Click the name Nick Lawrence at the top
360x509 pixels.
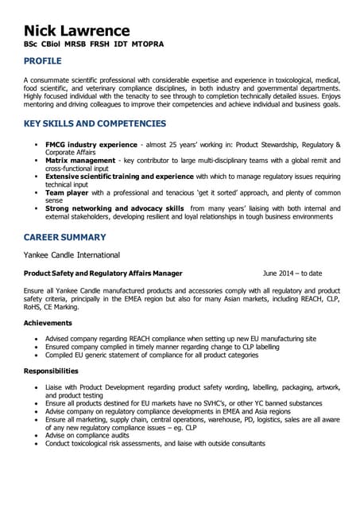click(77, 31)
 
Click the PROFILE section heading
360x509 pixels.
click(46, 60)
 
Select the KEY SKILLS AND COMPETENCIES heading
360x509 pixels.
click(95, 124)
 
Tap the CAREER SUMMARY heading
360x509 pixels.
click(64, 237)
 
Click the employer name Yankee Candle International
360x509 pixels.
click(72, 255)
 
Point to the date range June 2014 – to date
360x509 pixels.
click(292, 274)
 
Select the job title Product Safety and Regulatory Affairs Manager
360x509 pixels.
click(103, 274)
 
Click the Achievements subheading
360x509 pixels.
click(48, 323)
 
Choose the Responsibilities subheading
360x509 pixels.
click(51, 371)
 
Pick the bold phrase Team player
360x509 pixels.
click(66, 192)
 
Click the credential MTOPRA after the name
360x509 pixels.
click(148, 45)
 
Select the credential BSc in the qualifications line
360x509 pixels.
click(33, 45)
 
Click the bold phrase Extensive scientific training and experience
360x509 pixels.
click(119, 177)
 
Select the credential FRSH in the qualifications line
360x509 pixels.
click(100, 45)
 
